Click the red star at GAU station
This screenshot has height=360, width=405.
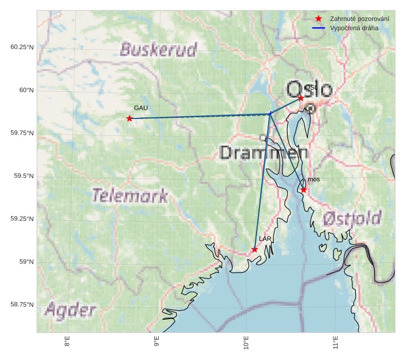[129, 118]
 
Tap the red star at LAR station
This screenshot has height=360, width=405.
[254, 250]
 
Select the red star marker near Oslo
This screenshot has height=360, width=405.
[301, 98]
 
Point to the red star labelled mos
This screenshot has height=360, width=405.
[304, 190]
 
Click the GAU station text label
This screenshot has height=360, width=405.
[141, 108]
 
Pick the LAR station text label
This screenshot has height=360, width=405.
[265, 239]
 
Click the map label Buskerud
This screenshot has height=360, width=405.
[159, 50]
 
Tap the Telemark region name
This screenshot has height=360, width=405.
[131, 196]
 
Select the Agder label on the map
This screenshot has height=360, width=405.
[70, 310]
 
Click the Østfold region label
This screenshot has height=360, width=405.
[352, 218]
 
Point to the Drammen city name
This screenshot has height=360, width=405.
[264, 153]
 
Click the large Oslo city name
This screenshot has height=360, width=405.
[310, 90]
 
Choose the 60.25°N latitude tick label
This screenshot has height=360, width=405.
[22, 47]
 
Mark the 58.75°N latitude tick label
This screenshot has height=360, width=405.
[22, 305]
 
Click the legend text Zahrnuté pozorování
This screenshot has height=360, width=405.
[359, 19]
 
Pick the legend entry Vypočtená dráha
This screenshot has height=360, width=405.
[354, 28]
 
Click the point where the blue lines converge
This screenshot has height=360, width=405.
[270, 114]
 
